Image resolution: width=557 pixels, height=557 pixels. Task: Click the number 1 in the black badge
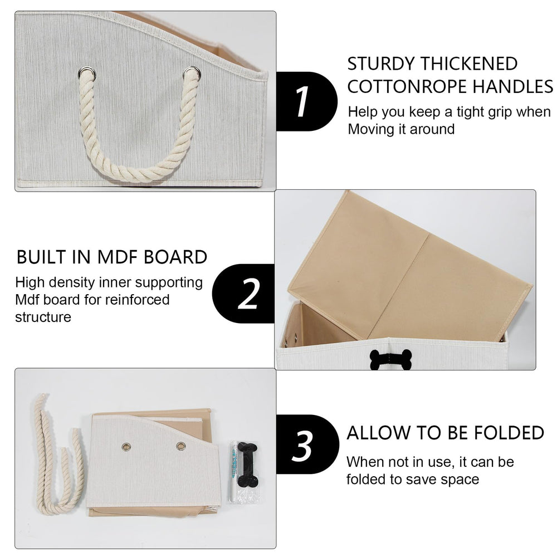click(x=302, y=101)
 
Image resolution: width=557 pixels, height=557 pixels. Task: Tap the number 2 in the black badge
click(x=248, y=294)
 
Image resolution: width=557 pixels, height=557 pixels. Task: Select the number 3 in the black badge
click(x=302, y=446)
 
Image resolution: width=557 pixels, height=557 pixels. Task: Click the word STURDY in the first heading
click(x=381, y=64)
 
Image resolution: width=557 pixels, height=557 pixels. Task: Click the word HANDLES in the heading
click(x=513, y=87)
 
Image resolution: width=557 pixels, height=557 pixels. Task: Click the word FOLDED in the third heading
click(x=509, y=433)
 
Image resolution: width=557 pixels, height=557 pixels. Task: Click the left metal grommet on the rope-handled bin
click(x=87, y=74)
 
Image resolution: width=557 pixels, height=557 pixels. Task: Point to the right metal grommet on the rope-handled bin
click(x=192, y=74)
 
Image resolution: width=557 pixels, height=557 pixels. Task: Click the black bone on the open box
click(x=391, y=359)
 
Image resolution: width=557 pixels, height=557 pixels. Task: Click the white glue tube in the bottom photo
click(x=234, y=471)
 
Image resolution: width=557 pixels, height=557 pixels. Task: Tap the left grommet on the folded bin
click(x=126, y=447)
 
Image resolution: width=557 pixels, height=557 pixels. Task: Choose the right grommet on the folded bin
click(x=181, y=446)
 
